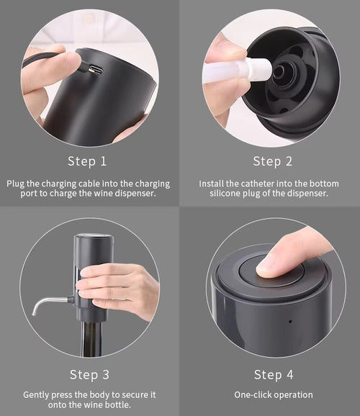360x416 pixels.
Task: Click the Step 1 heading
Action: pos(87,161)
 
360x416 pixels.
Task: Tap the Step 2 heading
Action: pos(273,161)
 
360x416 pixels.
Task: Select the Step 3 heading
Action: pos(89,374)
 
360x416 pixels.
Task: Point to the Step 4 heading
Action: pos(274,374)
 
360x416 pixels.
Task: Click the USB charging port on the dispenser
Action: pos(96,70)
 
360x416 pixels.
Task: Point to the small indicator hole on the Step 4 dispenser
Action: pos(290,321)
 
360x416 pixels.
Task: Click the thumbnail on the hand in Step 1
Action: pos(74,59)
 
